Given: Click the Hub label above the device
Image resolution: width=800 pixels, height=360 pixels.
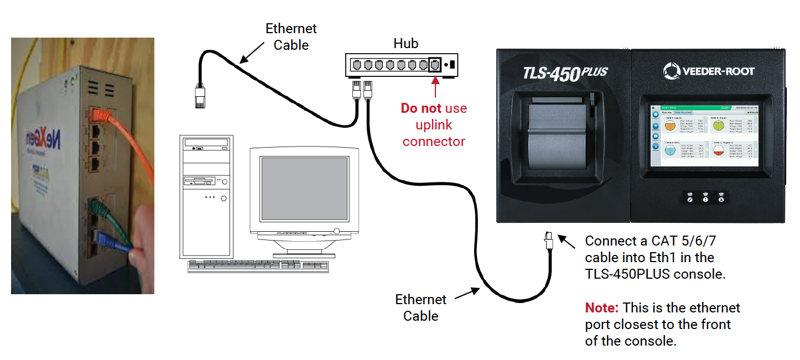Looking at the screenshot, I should (406, 43).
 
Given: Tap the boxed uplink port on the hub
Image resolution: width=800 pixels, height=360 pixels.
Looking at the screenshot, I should (435, 65).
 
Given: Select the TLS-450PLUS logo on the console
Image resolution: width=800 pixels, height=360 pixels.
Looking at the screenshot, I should (565, 72).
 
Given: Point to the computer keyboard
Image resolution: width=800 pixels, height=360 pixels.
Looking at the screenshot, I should (258, 265).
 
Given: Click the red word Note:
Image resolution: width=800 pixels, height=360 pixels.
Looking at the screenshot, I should (602, 308).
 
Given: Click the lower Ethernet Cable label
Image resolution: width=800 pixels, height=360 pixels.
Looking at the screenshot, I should (420, 308).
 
